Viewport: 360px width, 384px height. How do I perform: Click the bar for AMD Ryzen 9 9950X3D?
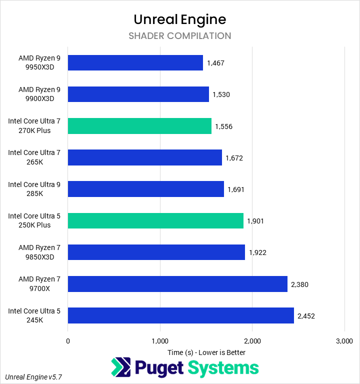(135, 62)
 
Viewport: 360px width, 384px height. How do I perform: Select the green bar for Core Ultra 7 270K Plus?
(139, 126)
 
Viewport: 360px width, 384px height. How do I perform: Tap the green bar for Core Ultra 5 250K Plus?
(155, 220)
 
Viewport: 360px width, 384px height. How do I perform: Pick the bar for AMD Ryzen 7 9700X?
(177, 283)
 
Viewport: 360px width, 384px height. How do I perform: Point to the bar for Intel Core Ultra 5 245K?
(180, 315)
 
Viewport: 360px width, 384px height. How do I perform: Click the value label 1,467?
(216, 63)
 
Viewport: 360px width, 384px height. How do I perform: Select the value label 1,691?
(236, 189)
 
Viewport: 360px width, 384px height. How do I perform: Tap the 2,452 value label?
(306, 316)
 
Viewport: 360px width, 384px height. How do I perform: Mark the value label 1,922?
(257, 252)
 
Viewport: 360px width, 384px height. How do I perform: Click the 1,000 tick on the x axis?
(160, 341)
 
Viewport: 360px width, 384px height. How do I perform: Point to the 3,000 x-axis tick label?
(344, 341)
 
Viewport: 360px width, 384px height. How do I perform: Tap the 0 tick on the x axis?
(68, 341)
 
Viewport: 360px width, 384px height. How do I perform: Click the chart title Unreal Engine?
(179, 19)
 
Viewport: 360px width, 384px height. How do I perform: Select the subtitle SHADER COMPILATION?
(179, 36)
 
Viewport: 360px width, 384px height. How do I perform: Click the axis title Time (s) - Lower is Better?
(206, 352)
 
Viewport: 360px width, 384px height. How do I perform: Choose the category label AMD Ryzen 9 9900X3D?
(39, 94)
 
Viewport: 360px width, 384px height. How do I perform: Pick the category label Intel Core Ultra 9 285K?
(34, 189)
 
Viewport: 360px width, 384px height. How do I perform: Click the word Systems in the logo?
(223, 368)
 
